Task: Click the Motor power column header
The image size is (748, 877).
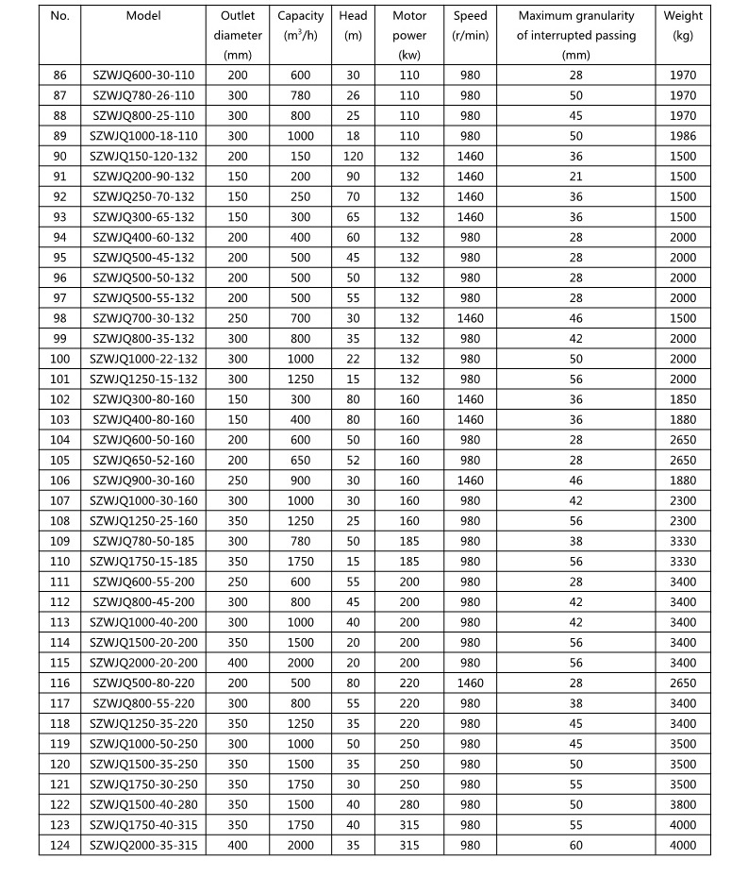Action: click(409, 36)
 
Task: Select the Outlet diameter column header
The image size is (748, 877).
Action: click(238, 36)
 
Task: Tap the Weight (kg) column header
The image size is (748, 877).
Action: click(683, 25)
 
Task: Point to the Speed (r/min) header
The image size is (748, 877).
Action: click(470, 25)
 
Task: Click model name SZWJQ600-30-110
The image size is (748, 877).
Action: click(143, 76)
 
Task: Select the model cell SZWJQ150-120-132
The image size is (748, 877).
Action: click(143, 157)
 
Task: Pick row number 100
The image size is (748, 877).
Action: click(60, 359)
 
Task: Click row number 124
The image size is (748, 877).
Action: click(60, 845)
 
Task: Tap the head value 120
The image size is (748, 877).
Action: click(353, 157)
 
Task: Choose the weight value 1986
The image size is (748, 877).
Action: click(683, 136)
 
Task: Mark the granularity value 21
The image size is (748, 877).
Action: click(576, 177)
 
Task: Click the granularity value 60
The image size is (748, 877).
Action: click(576, 845)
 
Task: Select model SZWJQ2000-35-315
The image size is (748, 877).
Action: click(143, 845)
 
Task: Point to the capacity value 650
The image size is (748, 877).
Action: click(300, 460)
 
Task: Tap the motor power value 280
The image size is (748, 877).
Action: click(409, 804)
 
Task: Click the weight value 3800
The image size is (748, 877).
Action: click(683, 804)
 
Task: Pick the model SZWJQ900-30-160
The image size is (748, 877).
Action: click(143, 481)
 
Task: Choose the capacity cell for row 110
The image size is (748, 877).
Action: click(300, 562)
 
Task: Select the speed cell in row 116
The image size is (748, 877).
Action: click(470, 683)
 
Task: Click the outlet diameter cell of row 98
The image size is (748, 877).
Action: click(238, 318)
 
